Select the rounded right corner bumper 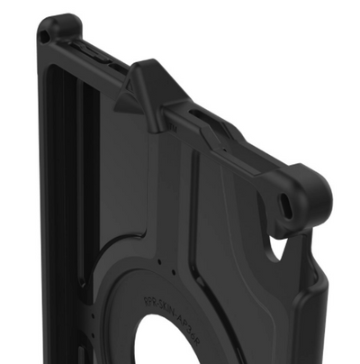301,194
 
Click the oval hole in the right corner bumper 285,203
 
